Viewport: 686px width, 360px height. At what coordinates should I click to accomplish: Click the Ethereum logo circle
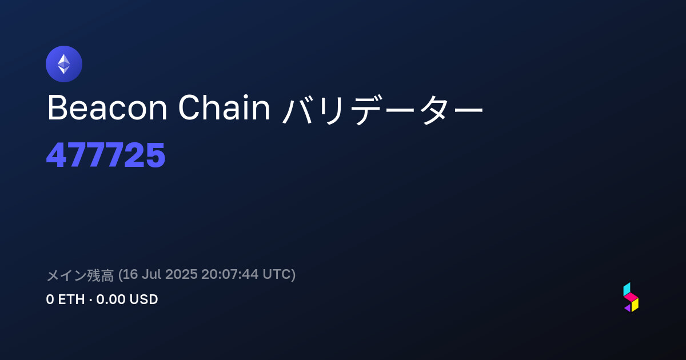pos(64,64)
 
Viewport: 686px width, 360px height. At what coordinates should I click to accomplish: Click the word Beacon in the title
pos(107,108)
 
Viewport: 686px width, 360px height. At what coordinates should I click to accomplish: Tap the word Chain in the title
pos(224,107)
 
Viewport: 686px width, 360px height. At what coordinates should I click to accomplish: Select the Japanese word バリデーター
pos(382,109)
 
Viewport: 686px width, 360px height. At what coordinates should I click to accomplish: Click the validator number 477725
pos(106,155)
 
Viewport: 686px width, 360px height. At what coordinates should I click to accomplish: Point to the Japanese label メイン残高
pos(80,275)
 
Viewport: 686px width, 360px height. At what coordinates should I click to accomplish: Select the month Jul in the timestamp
pos(151,274)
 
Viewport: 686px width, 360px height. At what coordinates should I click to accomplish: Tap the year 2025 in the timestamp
pos(181,274)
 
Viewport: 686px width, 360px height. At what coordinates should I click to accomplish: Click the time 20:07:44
pos(230,274)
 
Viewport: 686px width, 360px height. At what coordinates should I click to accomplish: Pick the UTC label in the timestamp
pos(277,274)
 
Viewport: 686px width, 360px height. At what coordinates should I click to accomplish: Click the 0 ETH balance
pos(65,299)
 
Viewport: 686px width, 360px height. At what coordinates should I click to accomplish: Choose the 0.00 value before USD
pos(110,299)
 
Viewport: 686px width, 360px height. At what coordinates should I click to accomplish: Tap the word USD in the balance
pos(143,299)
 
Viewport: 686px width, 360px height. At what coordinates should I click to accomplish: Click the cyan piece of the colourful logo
pos(627,289)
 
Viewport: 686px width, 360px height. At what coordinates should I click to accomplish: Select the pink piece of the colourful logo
pos(631,297)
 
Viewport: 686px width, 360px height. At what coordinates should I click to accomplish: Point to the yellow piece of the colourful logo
pos(635,305)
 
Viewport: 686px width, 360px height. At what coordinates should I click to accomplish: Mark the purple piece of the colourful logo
pos(628,308)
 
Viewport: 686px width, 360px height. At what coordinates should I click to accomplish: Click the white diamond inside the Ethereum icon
pos(64,64)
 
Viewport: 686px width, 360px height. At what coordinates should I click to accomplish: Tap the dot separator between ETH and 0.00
pos(91,300)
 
